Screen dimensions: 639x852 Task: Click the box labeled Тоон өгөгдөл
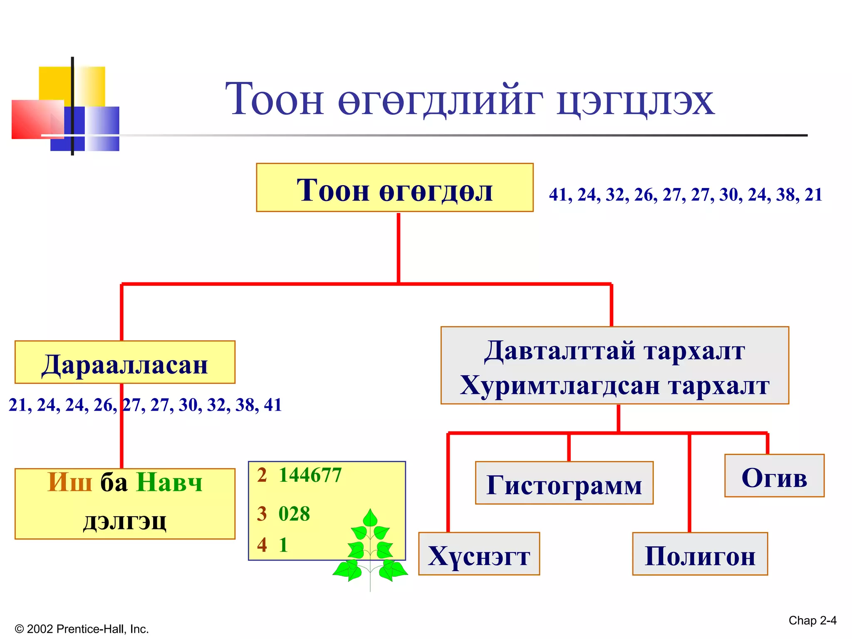point(394,188)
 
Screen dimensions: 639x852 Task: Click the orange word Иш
point(69,483)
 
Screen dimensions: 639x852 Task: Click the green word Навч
point(169,483)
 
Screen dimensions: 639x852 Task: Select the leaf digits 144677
point(310,475)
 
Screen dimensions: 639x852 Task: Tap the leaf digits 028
point(294,513)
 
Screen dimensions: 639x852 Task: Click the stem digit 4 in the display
point(262,545)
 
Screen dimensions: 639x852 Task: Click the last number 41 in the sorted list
point(272,405)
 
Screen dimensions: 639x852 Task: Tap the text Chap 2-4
point(812,620)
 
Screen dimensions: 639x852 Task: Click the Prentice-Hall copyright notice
point(82,629)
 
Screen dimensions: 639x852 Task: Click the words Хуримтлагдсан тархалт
point(614,385)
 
